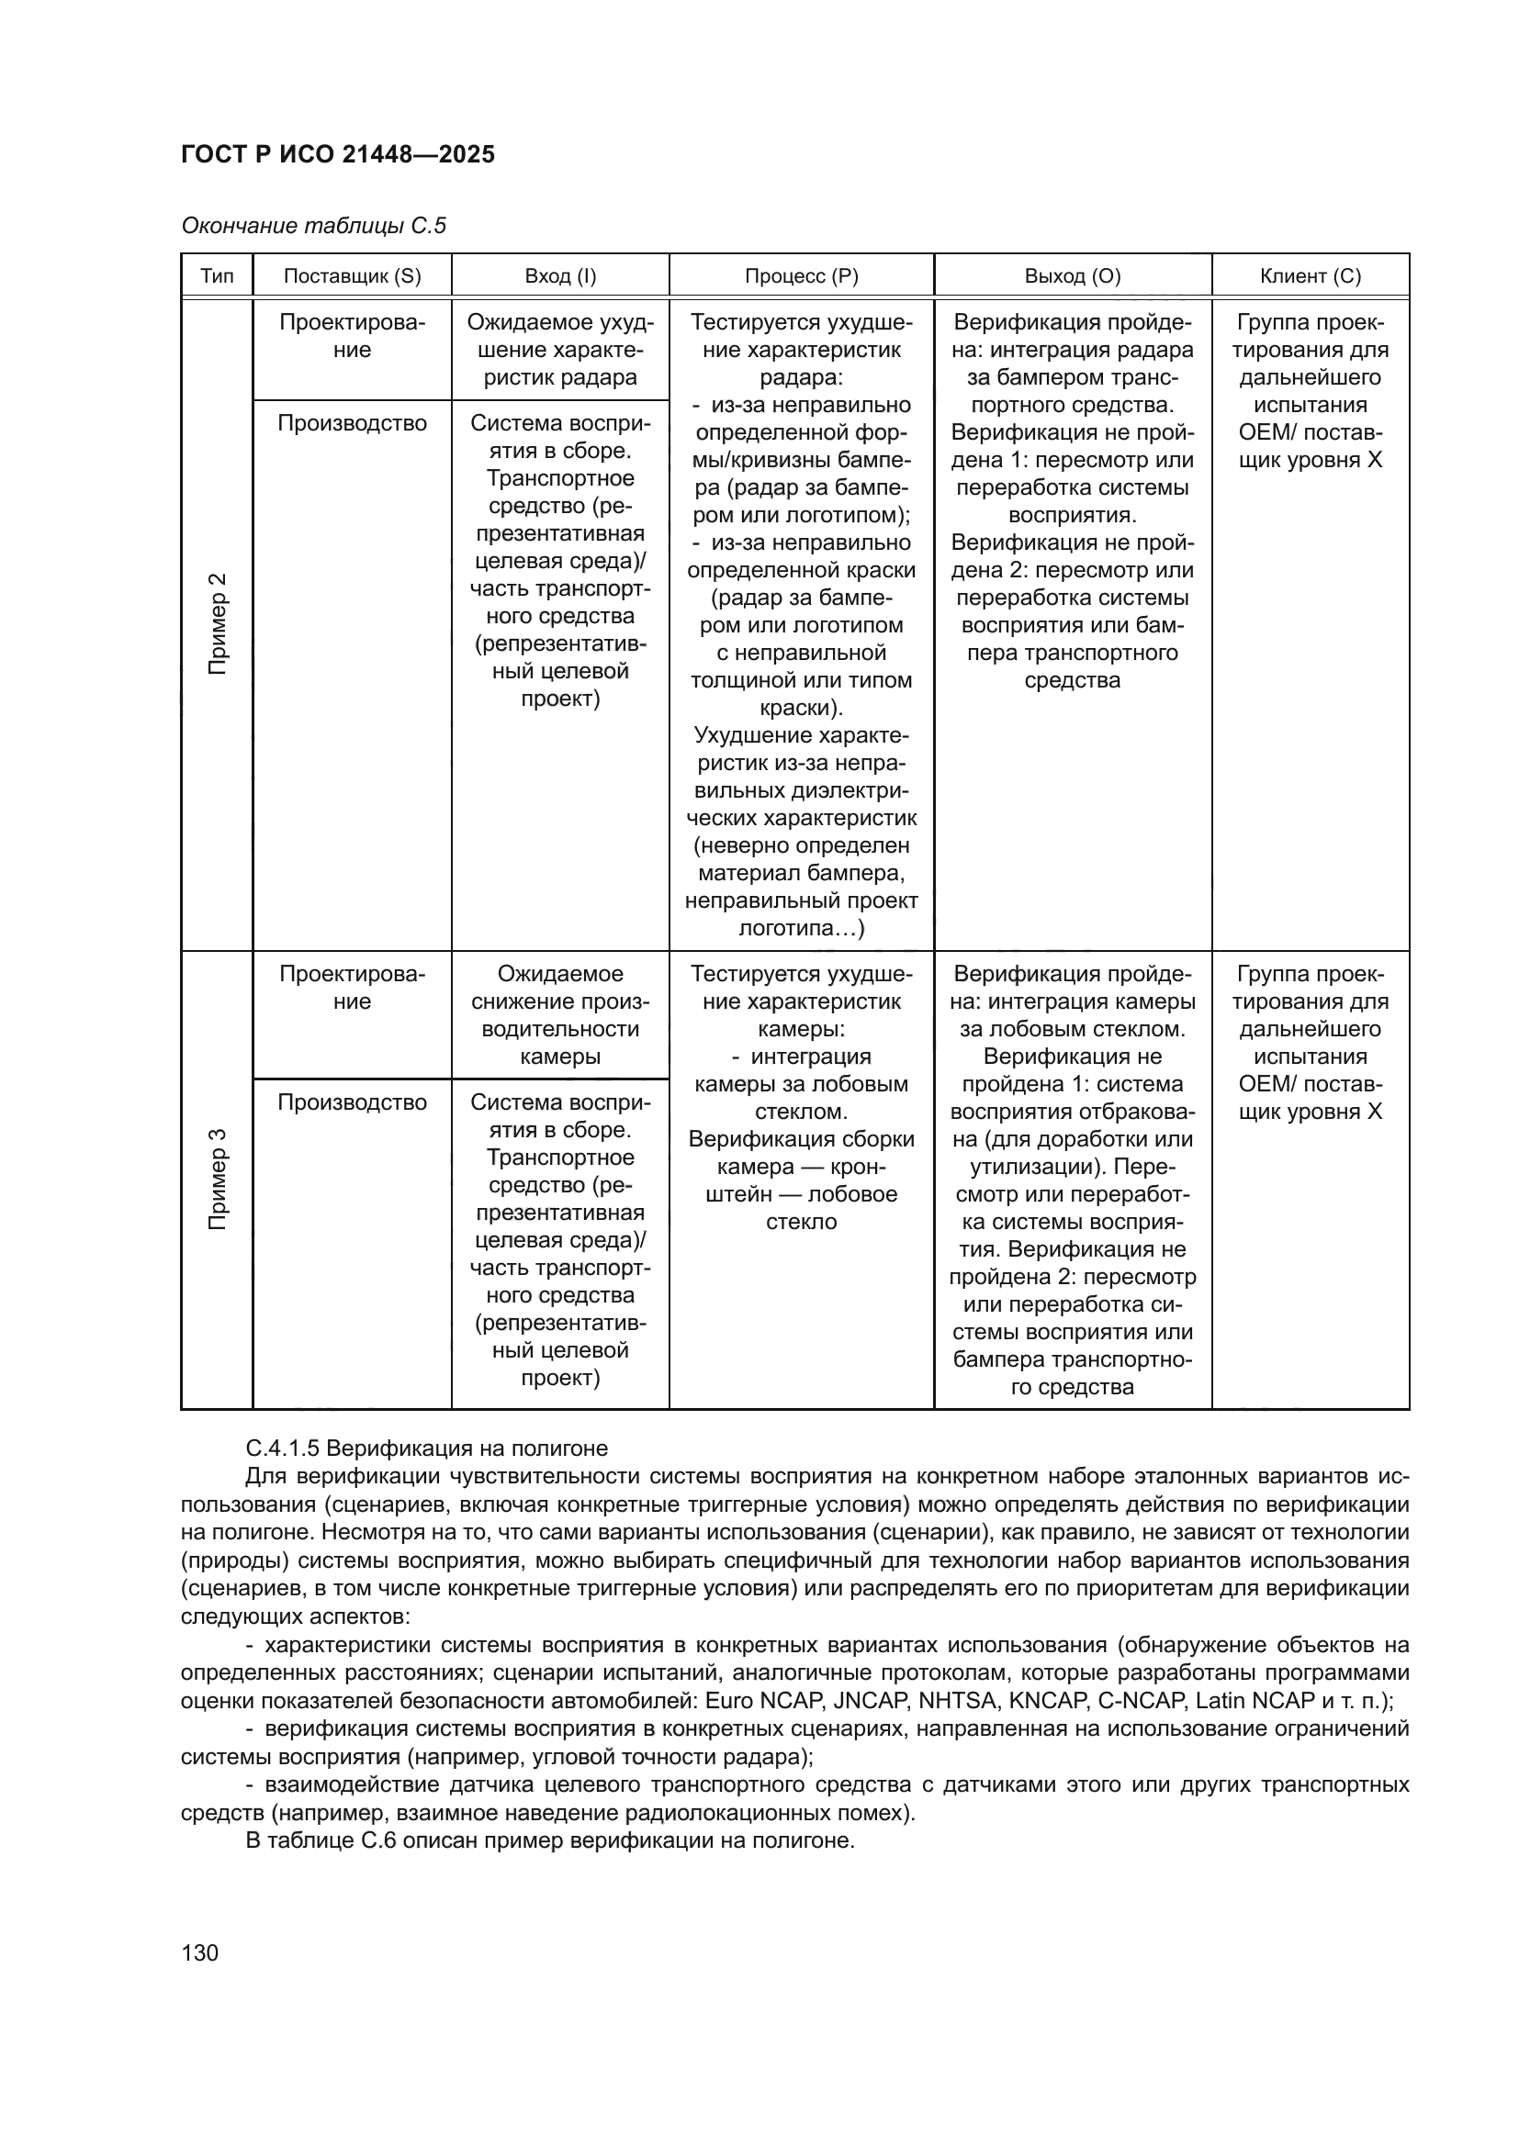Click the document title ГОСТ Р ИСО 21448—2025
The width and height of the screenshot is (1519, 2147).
(x=338, y=155)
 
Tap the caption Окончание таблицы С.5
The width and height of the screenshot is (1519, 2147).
(x=313, y=227)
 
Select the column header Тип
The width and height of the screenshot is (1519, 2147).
(x=217, y=276)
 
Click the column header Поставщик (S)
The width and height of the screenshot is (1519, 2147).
(x=353, y=276)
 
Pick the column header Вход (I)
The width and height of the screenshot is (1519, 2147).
(x=560, y=276)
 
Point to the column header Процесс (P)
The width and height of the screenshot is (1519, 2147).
(x=802, y=276)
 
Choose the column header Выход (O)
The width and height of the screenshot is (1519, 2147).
(x=1073, y=276)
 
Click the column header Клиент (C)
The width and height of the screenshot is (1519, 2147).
(x=1311, y=276)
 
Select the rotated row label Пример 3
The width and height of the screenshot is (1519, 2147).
(x=217, y=1179)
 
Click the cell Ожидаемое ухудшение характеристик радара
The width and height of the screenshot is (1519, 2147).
(x=560, y=350)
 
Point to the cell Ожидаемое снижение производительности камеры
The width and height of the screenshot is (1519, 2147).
(x=560, y=1015)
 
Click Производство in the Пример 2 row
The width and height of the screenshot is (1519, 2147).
(x=353, y=423)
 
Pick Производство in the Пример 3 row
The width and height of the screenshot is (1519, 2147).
(x=353, y=1102)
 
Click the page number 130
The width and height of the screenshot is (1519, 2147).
(x=199, y=1952)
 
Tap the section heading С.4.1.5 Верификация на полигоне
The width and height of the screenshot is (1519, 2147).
(x=426, y=1448)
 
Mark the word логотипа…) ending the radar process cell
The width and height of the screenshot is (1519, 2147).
(x=802, y=929)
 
